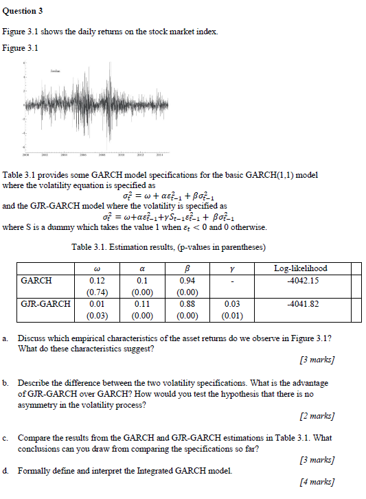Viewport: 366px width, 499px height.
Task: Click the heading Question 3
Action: click(23, 11)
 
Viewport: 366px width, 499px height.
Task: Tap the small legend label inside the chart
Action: click(55, 71)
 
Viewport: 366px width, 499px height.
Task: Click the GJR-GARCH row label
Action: click(45, 303)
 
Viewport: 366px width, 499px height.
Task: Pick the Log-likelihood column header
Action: click(300, 268)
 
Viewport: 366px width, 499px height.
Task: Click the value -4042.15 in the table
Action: click(303, 281)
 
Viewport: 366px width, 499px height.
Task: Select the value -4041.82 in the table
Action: click(303, 303)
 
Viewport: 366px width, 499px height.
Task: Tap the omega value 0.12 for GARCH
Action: click(97, 281)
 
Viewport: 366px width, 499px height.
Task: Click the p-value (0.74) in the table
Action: click(97, 292)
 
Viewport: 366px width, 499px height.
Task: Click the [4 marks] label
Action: click(317, 482)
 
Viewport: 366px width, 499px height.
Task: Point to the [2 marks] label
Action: click(317, 416)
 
